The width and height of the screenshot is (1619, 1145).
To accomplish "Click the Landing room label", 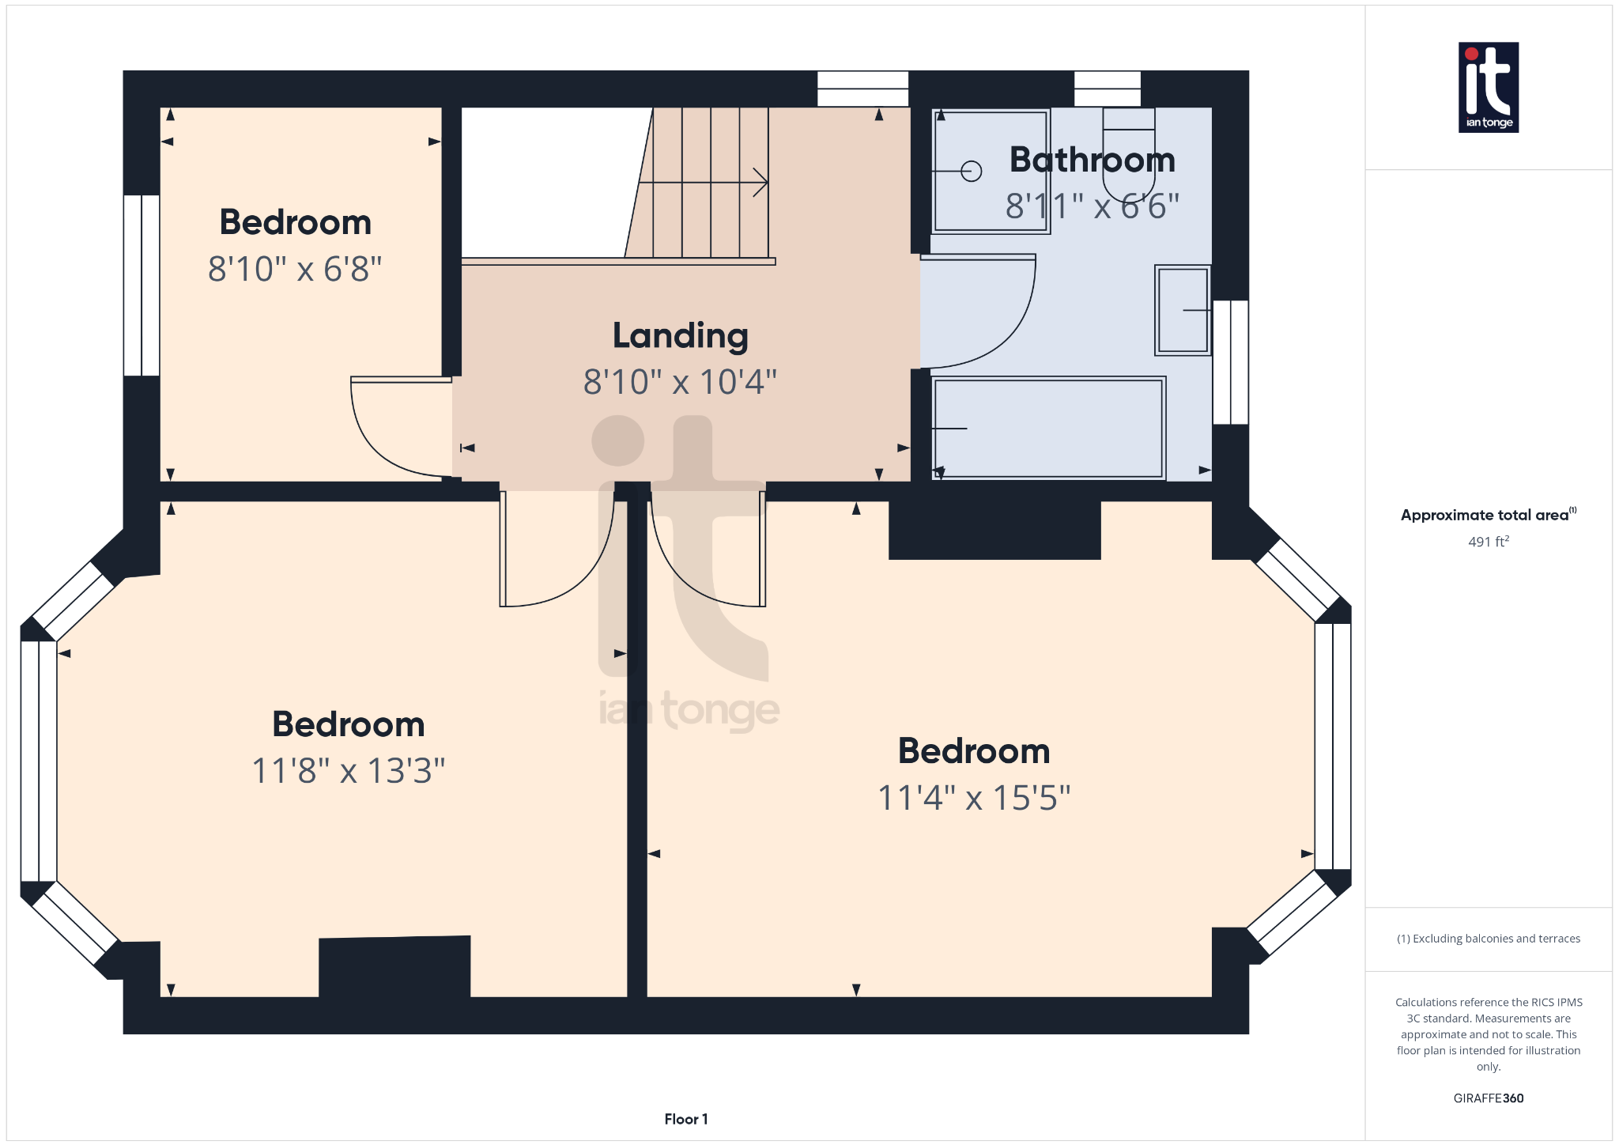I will click(680, 336).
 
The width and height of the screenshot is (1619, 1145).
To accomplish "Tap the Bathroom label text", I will click(1092, 161).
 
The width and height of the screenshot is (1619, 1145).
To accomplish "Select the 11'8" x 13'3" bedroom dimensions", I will click(348, 771).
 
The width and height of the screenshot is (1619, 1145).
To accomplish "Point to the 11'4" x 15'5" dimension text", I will click(974, 798).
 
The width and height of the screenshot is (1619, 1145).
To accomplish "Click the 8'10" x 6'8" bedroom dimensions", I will click(295, 270).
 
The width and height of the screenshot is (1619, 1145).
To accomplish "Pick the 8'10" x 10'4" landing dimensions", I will click(680, 383).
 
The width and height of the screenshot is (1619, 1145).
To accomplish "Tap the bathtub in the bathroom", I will click(1047, 428).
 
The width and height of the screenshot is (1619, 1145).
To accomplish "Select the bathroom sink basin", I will click(1183, 310).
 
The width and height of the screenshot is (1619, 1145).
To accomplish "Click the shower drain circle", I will click(972, 171).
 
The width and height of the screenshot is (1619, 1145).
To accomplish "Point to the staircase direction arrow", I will click(759, 183).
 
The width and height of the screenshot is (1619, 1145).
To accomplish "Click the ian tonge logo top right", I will click(1488, 87).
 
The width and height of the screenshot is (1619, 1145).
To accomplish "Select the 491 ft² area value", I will click(1488, 542).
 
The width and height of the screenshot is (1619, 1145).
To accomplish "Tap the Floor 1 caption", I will click(685, 1119).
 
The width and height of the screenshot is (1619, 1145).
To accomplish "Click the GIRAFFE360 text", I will click(1488, 1098).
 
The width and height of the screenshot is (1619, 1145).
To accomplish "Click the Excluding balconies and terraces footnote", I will click(1488, 939).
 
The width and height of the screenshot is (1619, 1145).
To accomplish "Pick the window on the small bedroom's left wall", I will click(142, 285).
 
